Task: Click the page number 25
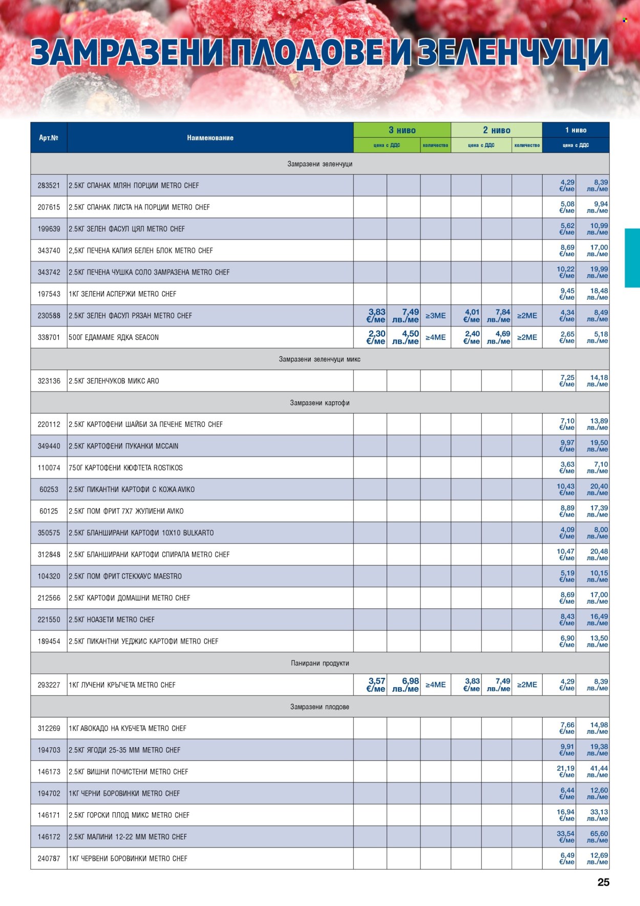point(603,882)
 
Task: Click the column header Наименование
point(210,137)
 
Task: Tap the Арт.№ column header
point(49,137)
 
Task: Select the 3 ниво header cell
point(402,130)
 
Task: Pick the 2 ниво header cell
point(496,130)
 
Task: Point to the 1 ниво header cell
point(575,130)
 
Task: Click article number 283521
point(49,186)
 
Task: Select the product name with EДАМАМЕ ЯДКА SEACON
point(114,337)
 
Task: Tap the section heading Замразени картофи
point(319,403)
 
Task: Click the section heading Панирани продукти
point(319,663)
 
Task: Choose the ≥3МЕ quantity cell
point(435,316)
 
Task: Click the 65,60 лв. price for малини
point(598,837)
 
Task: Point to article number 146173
point(49,772)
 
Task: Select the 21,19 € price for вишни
point(566,772)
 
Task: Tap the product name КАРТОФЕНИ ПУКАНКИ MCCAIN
point(123,446)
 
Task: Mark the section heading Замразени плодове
point(319,707)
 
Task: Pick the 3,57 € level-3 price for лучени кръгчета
point(376,685)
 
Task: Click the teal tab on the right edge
point(632,258)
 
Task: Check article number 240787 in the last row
point(49,858)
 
